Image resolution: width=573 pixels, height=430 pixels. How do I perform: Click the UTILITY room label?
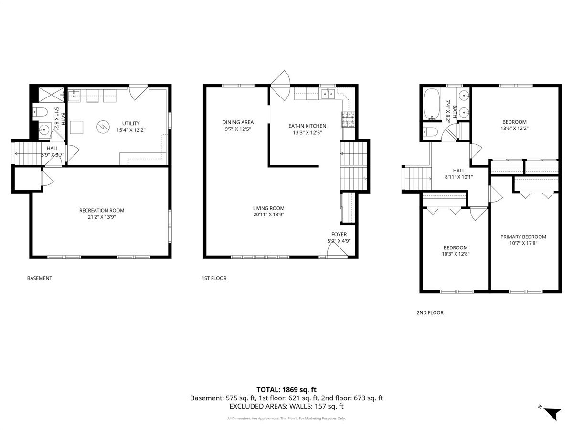click(x=131, y=123)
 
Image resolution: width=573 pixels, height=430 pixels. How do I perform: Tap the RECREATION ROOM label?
click(x=102, y=210)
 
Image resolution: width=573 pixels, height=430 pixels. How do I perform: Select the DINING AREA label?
click(x=238, y=122)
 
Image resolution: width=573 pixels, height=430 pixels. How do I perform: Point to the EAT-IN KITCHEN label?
click(x=307, y=126)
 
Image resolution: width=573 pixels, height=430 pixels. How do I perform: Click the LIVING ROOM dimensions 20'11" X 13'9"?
click(x=269, y=215)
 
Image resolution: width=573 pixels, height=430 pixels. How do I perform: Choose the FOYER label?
click(x=339, y=234)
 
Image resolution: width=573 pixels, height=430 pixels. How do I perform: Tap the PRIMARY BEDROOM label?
click(x=523, y=237)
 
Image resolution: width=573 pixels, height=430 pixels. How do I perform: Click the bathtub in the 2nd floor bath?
click(x=432, y=104)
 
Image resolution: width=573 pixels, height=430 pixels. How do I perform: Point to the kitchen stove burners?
click(x=348, y=119)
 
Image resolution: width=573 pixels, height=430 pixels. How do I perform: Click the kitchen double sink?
click(x=329, y=94)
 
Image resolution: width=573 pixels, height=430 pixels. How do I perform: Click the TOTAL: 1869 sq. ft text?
click(x=286, y=390)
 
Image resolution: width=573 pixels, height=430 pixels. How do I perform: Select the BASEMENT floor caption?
click(x=40, y=278)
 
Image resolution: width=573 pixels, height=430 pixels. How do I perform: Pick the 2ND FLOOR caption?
click(x=430, y=312)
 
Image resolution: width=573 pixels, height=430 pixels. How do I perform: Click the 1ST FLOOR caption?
click(x=214, y=278)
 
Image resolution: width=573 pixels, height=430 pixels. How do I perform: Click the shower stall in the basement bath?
click(x=52, y=95)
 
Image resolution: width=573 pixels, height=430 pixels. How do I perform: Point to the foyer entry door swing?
click(x=337, y=250)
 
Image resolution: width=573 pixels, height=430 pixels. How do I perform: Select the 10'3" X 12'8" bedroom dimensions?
click(x=456, y=254)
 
